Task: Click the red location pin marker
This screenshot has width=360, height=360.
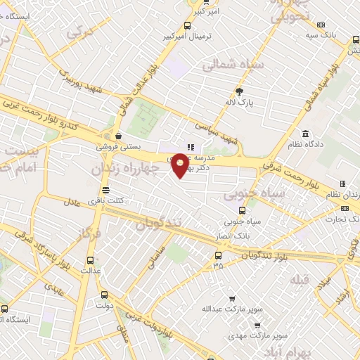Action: point(181,165)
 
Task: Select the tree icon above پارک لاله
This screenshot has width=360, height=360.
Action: point(239,91)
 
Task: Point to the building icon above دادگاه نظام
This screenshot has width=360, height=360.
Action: point(305,134)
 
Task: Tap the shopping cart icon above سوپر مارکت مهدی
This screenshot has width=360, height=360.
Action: point(257,326)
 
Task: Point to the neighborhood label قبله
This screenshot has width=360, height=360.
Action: point(300,278)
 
